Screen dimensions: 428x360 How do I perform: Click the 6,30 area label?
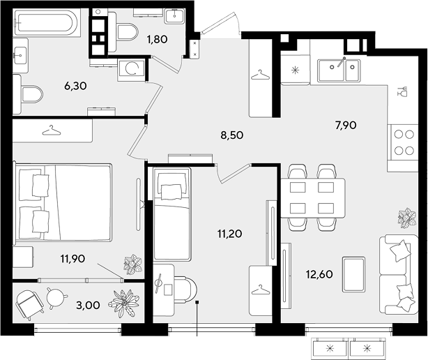[75, 86]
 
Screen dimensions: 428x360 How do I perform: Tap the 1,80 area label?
[157, 39]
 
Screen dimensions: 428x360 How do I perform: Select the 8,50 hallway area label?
[232, 135]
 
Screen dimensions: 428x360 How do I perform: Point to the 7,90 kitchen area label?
[346, 125]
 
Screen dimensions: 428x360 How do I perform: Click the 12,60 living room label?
[319, 274]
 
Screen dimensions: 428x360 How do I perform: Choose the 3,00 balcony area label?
[88, 305]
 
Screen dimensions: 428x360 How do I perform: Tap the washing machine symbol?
[131, 69]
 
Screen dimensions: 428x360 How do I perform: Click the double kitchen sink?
[339, 70]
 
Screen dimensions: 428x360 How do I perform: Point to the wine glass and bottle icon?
[402, 91]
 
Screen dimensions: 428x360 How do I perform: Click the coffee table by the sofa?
[353, 274]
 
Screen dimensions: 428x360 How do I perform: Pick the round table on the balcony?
[56, 298]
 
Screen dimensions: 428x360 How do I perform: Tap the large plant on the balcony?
[123, 303]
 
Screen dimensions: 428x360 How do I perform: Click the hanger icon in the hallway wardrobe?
[260, 75]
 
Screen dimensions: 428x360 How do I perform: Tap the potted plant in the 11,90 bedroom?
[133, 264]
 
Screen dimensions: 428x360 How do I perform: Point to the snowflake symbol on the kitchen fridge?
[296, 70]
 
